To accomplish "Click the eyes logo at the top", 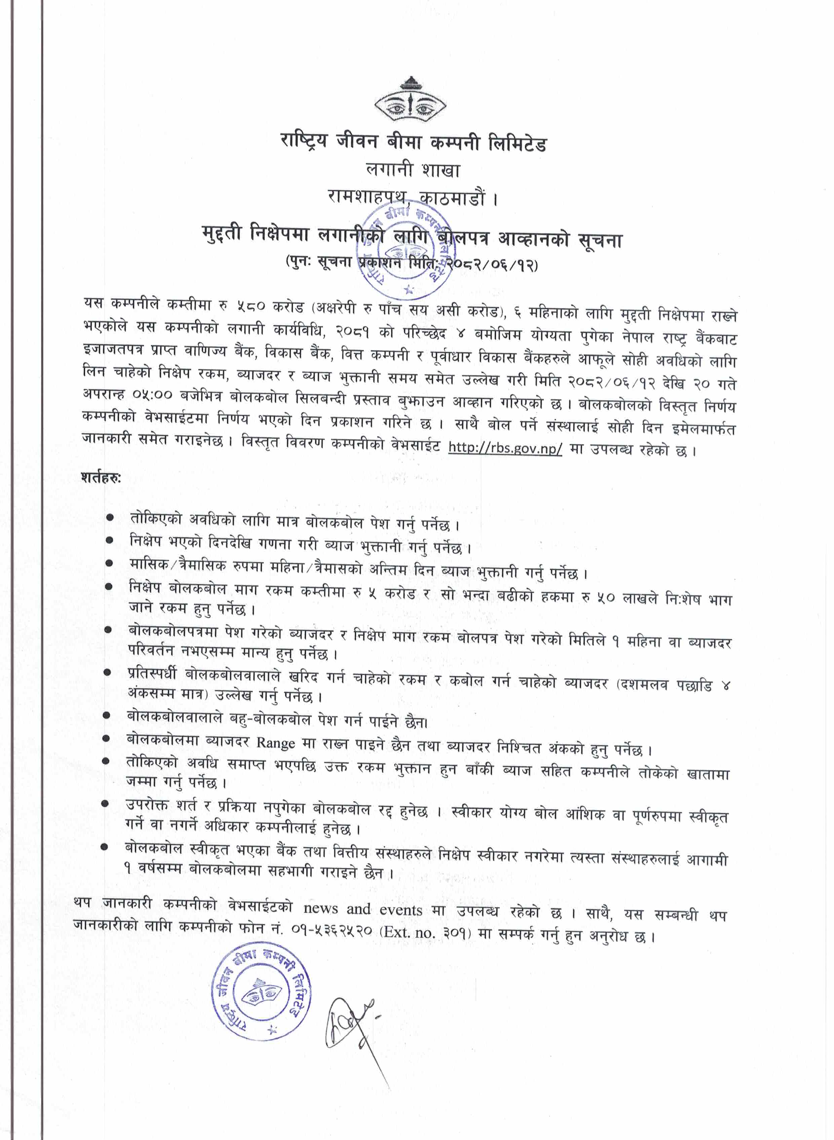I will [x=410, y=100].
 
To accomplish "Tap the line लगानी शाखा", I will [x=413, y=171].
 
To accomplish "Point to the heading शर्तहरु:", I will [x=101, y=477].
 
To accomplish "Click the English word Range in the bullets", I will [x=276, y=743].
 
